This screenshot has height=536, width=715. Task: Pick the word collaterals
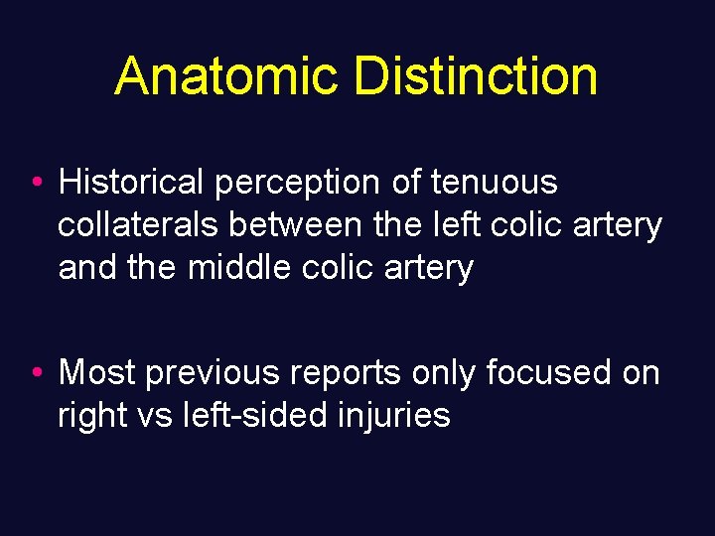point(139,225)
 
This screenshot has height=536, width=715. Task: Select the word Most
point(97,372)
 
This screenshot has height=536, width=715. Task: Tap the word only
point(443,374)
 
